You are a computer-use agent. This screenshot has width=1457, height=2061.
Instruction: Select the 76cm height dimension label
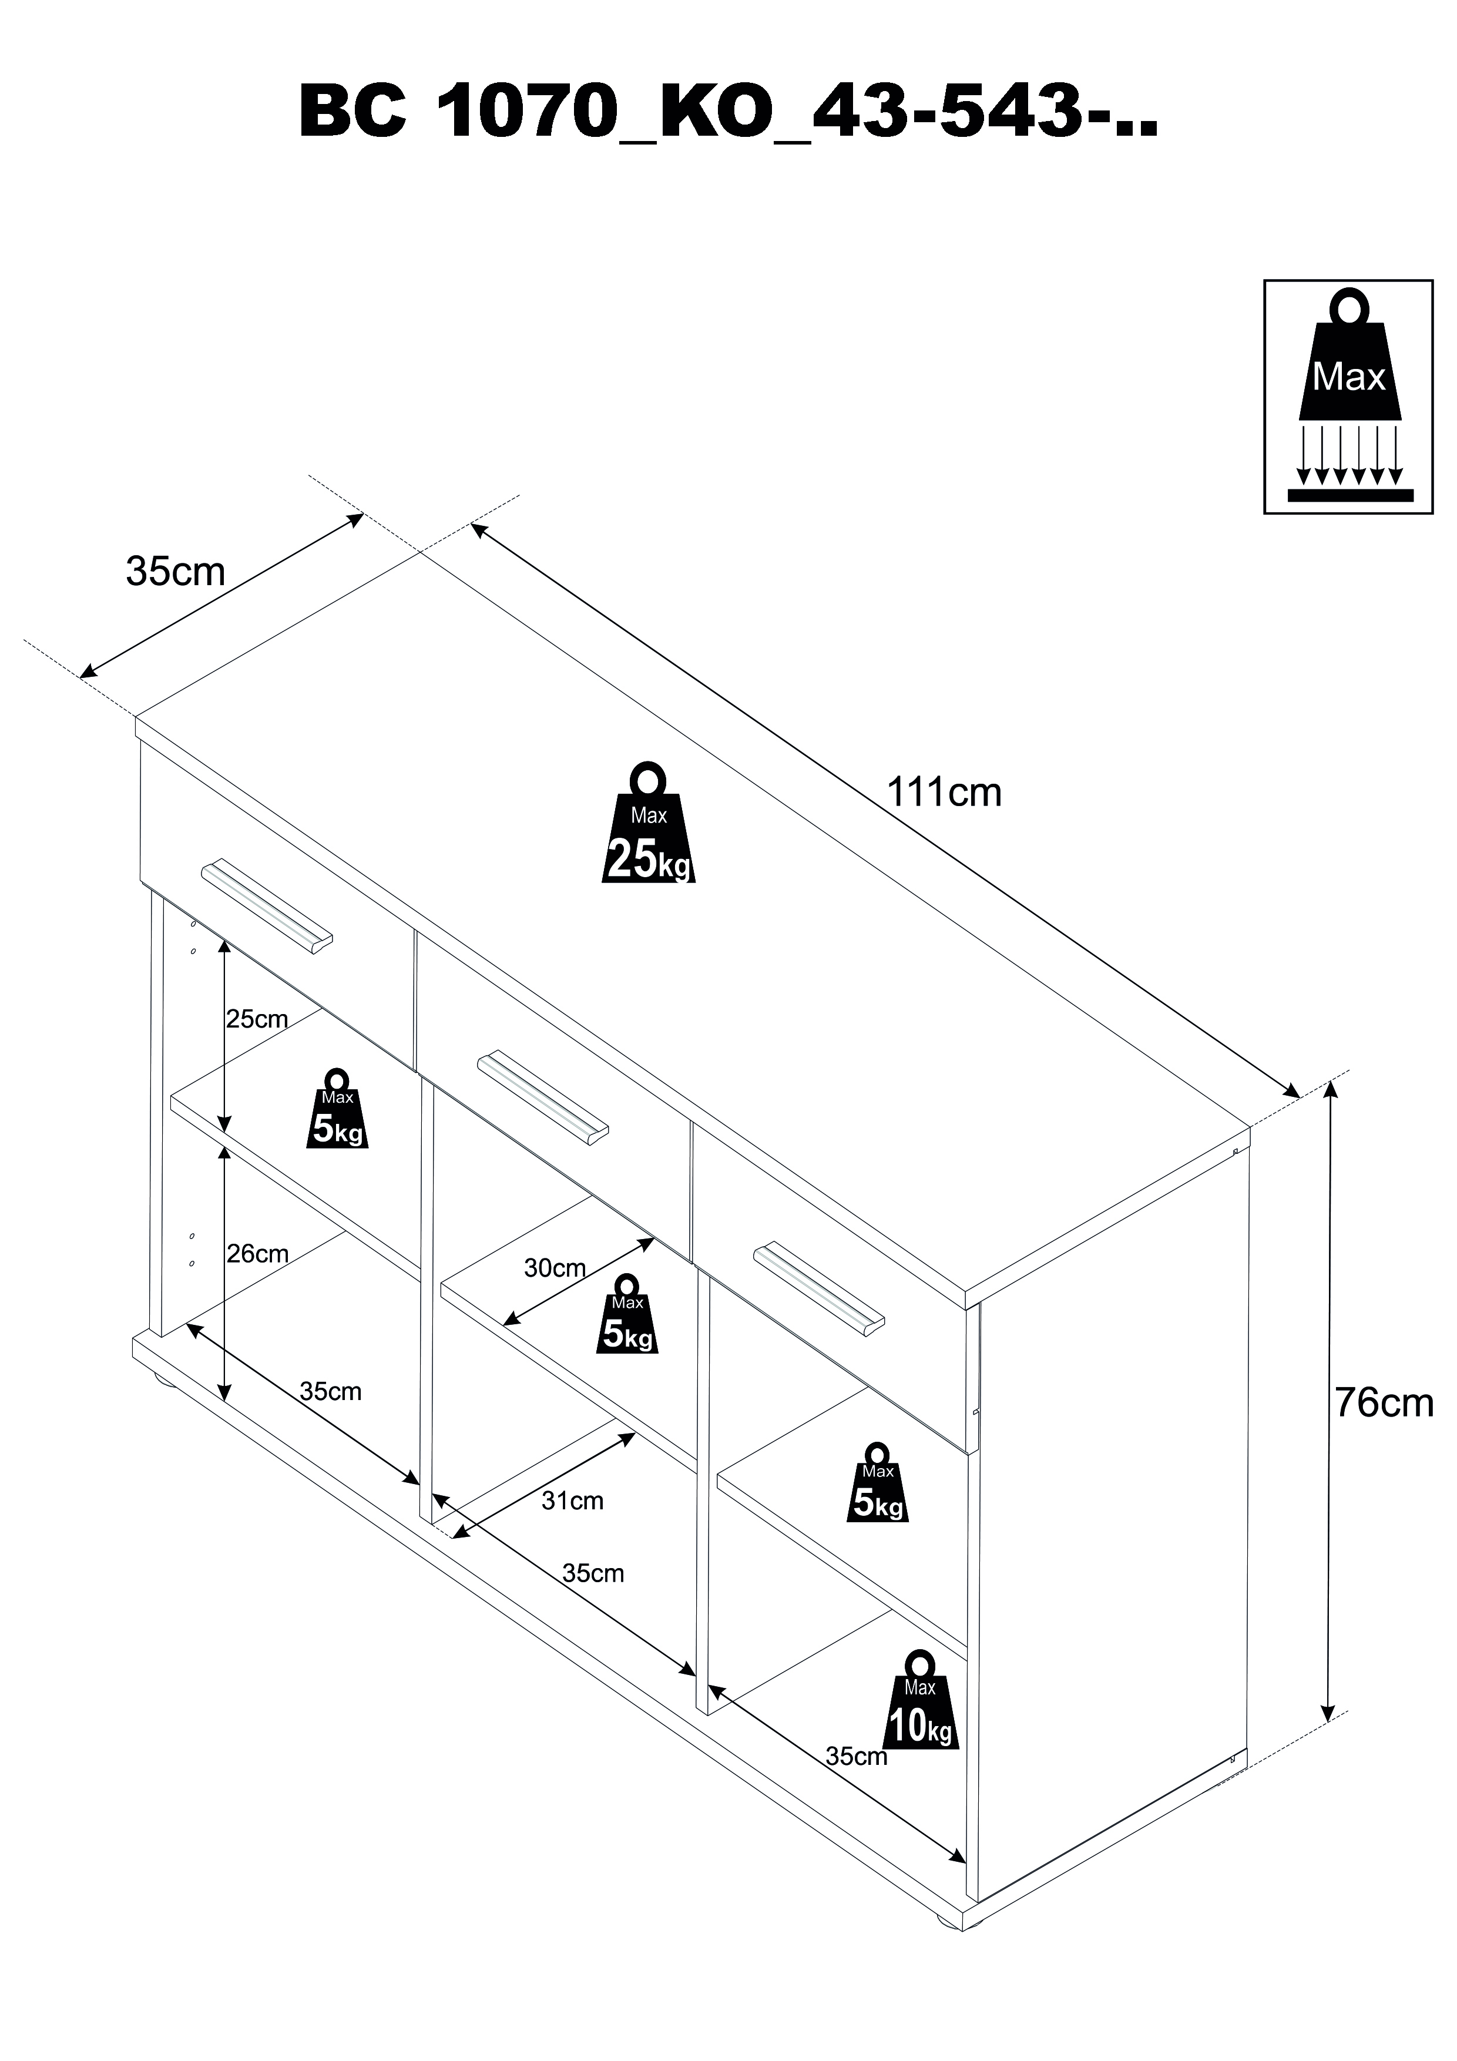1384,1403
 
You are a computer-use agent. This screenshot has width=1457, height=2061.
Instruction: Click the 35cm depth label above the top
175,572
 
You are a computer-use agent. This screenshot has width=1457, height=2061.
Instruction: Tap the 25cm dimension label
257,1020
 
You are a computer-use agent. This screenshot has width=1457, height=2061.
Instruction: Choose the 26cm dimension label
258,1253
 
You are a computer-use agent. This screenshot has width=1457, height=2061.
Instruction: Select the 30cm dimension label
555,1268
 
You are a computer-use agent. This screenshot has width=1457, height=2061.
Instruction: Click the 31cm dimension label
573,1501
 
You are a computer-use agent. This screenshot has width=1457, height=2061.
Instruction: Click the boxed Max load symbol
1348,397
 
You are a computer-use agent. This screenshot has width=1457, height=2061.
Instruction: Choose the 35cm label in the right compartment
855,1756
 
